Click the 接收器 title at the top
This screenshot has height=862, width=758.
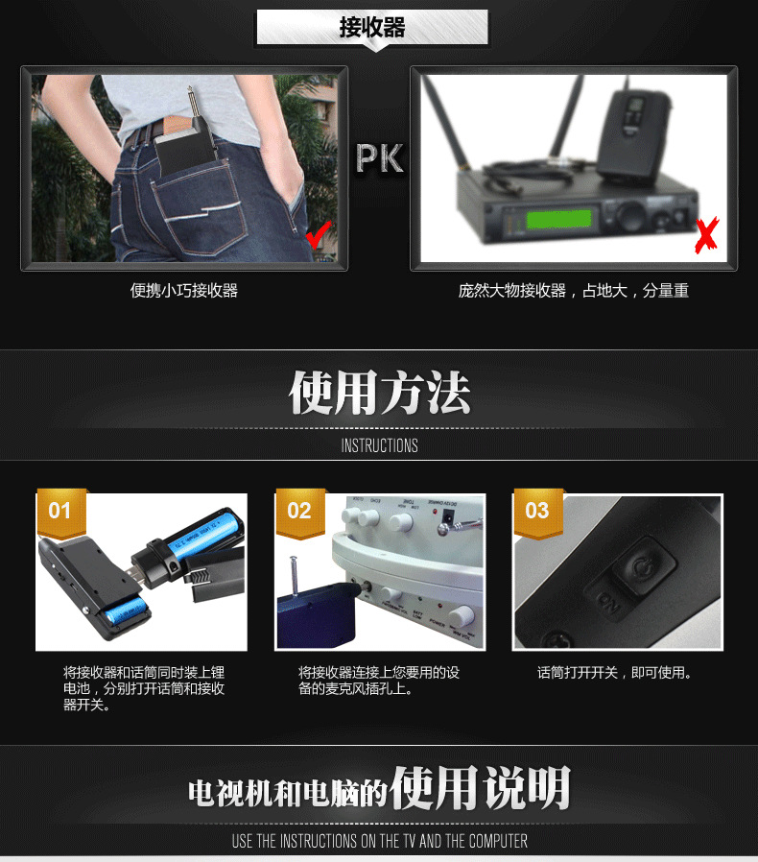pyautogui.click(x=372, y=28)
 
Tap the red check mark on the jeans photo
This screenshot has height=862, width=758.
pyautogui.click(x=318, y=232)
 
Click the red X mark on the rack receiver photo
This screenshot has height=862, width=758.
pyautogui.click(x=707, y=235)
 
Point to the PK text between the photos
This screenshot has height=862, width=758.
pyautogui.click(x=380, y=159)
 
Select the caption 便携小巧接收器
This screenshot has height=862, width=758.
pyautogui.click(x=184, y=291)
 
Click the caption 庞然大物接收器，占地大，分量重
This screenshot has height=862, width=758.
pyautogui.click(x=573, y=291)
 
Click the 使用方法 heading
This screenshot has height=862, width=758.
pyautogui.click(x=380, y=394)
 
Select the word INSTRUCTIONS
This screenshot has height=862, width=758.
pyautogui.click(x=380, y=445)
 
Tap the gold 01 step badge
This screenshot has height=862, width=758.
pyautogui.click(x=60, y=511)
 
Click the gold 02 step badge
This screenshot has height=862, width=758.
pyautogui.click(x=299, y=511)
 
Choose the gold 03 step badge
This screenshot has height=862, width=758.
pyautogui.click(x=537, y=511)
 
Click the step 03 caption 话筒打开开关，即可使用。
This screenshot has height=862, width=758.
pyautogui.click(x=616, y=673)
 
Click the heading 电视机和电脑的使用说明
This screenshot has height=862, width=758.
pyautogui.click(x=380, y=789)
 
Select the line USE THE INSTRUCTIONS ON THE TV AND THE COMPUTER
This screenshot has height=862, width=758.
pyautogui.click(x=380, y=841)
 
